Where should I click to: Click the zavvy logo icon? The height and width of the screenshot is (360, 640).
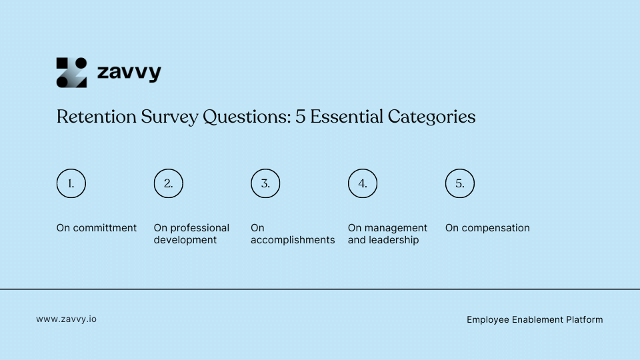click(71, 73)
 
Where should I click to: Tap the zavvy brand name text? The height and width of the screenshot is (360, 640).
click(129, 72)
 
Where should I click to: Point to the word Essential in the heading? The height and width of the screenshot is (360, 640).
click(343, 117)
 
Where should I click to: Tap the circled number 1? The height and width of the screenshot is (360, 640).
click(71, 184)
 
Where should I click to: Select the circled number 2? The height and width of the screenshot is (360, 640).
click(169, 184)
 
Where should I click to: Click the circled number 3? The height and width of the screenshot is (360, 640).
click(265, 184)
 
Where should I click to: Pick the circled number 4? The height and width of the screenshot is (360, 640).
click(363, 184)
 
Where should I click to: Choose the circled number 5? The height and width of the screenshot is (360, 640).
click(460, 184)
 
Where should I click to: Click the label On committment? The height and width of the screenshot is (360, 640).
click(97, 228)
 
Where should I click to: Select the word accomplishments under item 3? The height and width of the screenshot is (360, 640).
click(293, 240)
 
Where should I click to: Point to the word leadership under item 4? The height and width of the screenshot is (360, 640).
click(394, 240)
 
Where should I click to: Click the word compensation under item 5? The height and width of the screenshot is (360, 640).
click(496, 228)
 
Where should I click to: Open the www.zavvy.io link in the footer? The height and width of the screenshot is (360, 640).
click(66, 319)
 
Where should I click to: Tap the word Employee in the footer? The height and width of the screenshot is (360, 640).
click(488, 320)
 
